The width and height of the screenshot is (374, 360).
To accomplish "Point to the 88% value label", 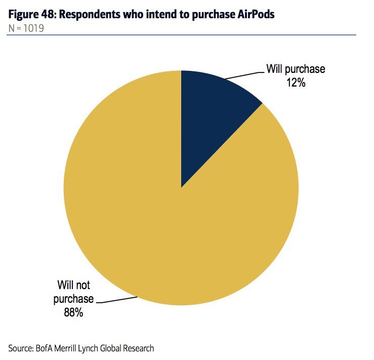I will pos(73,312).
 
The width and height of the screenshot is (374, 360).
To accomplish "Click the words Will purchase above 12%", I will pos(296,69).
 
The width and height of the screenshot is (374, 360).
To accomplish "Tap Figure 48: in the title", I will pos(32,15).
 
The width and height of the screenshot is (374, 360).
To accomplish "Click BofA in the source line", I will pos(46,348).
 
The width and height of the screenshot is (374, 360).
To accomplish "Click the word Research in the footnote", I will pos(139,348).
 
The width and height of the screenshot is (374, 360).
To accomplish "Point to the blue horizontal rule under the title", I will pos(182,34).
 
